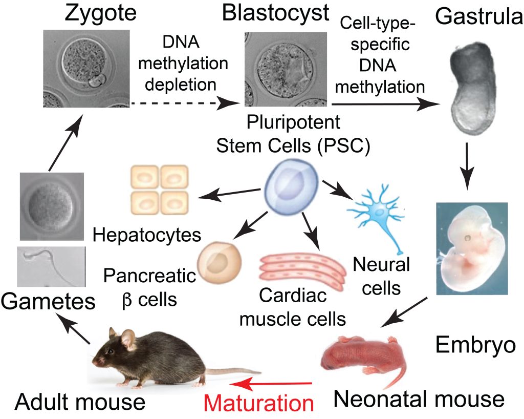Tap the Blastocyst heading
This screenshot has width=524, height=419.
click(275, 13)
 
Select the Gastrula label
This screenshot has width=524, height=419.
click(478, 18)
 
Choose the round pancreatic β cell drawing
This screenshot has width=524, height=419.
click(219, 261)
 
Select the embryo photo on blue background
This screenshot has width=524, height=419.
click(471, 248)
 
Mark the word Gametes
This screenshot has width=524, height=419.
click(48, 302)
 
